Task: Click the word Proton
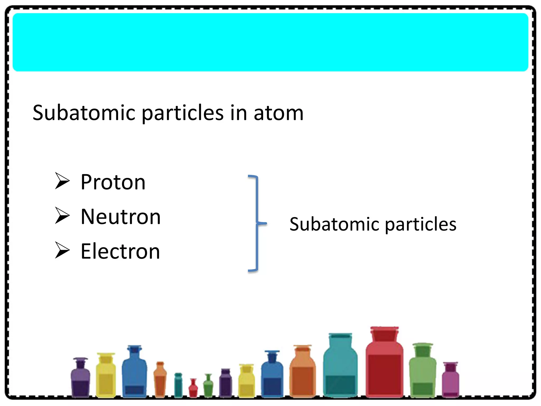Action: [x=113, y=182]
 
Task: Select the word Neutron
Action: [x=121, y=217]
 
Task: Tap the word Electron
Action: [x=120, y=251]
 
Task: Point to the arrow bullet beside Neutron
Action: [x=62, y=215]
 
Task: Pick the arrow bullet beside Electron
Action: [x=62, y=250]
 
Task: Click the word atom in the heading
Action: [x=278, y=113]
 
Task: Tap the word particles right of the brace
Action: [x=421, y=225]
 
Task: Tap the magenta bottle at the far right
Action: [x=450, y=381]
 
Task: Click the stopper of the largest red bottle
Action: [x=384, y=334]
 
